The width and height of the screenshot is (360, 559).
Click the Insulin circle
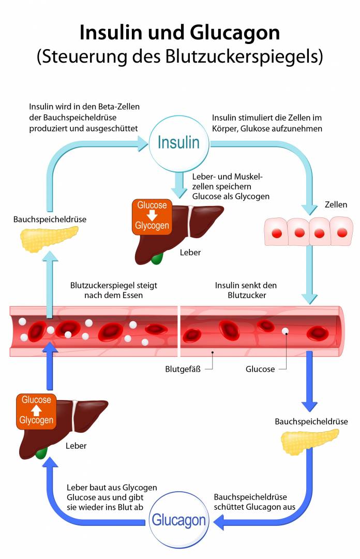pyautogui.click(x=178, y=142)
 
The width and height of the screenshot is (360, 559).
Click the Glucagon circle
pyautogui.click(x=178, y=520)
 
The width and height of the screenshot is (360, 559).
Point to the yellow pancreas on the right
pyautogui.click(x=303, y=440)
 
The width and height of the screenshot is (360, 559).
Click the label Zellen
pyautogui.click(x=336, y=205)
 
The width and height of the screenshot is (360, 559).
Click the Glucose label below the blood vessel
pyautogui.click(x=260, y=369)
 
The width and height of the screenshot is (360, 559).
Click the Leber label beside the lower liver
pyautogui.click(x=76, y=446)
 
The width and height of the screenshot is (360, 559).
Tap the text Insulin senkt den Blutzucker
pyautogui.click(x=246, y=290)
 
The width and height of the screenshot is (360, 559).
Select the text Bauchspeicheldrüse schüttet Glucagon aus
pyautogui.click(x=254, y=502)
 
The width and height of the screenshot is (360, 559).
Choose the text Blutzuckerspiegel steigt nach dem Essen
pyautogui.click(x=113, y=290)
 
